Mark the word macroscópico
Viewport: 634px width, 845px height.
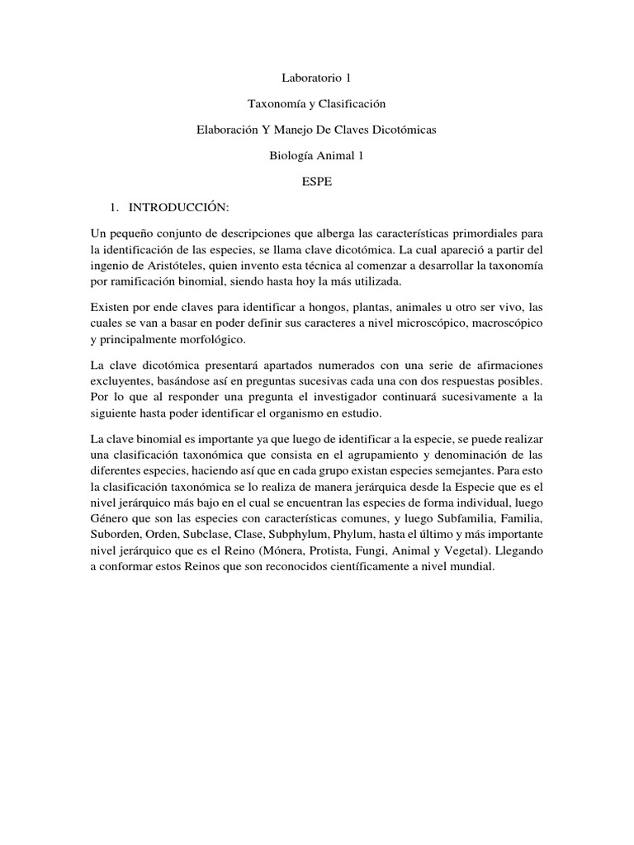pyautogui.click(x=504, y=323)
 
